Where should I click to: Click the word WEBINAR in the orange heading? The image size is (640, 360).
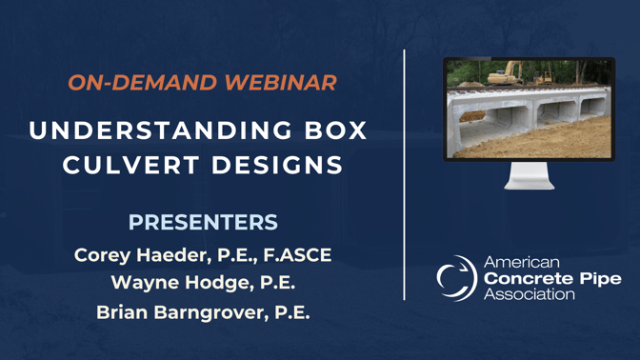tap(281, 82)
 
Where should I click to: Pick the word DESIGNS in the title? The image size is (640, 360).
tap(277, 165)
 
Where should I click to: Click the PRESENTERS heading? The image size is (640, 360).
tap(203, 223)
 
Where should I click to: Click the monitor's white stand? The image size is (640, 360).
tap(530, 176)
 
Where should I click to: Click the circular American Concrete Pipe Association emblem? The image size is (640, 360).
tap(456, 277)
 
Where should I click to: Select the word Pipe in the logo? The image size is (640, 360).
tap(600, 278)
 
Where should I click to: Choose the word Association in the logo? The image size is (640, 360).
tap(530, 294)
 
